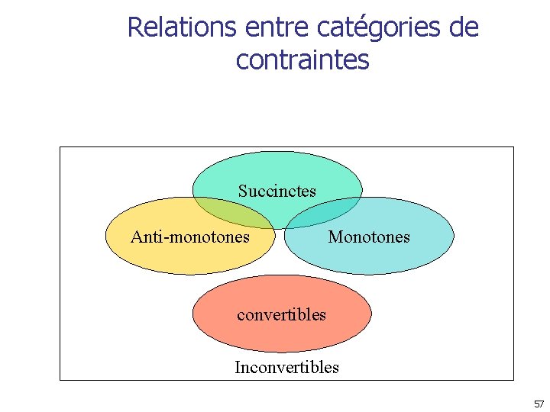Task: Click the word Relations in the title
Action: point(182,27)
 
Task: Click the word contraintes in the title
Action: point(302,59)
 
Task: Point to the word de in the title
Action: point(464,27)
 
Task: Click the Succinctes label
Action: point(277,191)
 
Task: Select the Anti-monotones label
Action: point(190,237)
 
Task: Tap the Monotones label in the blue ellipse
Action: point(369,237)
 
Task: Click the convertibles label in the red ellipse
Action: point(281,314)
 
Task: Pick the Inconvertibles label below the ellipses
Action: point(286,368)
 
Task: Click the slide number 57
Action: point(539,404)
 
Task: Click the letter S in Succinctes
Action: point(242,191)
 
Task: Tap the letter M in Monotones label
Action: point(335,237)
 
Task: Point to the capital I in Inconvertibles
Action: point(238,368)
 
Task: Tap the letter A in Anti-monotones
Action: point(136,237)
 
